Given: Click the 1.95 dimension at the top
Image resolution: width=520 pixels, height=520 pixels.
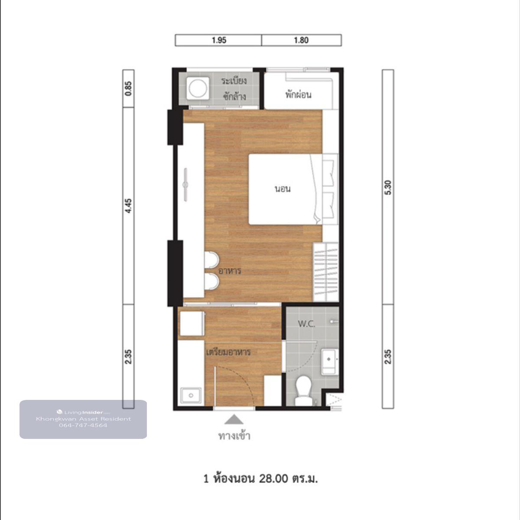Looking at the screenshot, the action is pyautogui.click(x=219, y=40).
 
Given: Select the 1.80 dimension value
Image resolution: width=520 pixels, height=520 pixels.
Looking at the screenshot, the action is pyautogui.click(x=301, y=40).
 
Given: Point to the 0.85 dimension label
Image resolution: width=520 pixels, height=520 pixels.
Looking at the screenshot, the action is pyautogui.click(x=128, y=88).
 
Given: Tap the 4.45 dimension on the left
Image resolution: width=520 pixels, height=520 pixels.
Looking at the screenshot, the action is pyautogui.click(x=128, y=206).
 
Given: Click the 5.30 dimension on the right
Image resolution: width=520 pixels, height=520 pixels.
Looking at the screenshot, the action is pyautogui.click(x=388, y=187).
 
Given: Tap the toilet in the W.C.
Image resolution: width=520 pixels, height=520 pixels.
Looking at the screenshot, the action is pyautogui.click(x=303, y=390).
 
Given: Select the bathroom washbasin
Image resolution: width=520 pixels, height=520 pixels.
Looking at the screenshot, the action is pyautogui.click(x=329, y=362).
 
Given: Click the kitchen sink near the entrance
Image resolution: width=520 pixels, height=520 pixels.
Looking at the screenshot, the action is pyautogui.click(x=191, y=396).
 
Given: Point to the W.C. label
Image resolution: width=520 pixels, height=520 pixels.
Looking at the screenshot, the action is pyautogui.click(x=306, y=324).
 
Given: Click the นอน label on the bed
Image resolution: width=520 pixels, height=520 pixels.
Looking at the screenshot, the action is pyautogui.click(x=283, y=189).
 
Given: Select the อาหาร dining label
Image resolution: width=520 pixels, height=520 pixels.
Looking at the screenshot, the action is pyautogui.click(x=230, y=271).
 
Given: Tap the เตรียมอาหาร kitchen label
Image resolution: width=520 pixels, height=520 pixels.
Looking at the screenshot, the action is pyautogui.click(x=228, y=352).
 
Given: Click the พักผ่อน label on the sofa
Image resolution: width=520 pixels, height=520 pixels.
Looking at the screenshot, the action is pyautogui.click(x=299, y=95).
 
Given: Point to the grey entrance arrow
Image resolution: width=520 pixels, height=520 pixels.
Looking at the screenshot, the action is pyautogui.click(x=234, y=420).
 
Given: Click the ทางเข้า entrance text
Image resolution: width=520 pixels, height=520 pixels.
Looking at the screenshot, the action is pyautogui.click(x=234, y=436).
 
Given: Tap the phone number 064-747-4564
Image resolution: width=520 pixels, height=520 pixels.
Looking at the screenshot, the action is pyautogui.click(x=83, y=425).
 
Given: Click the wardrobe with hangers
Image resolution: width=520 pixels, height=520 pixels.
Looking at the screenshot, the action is pyautogui.click(x=326, y=272).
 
